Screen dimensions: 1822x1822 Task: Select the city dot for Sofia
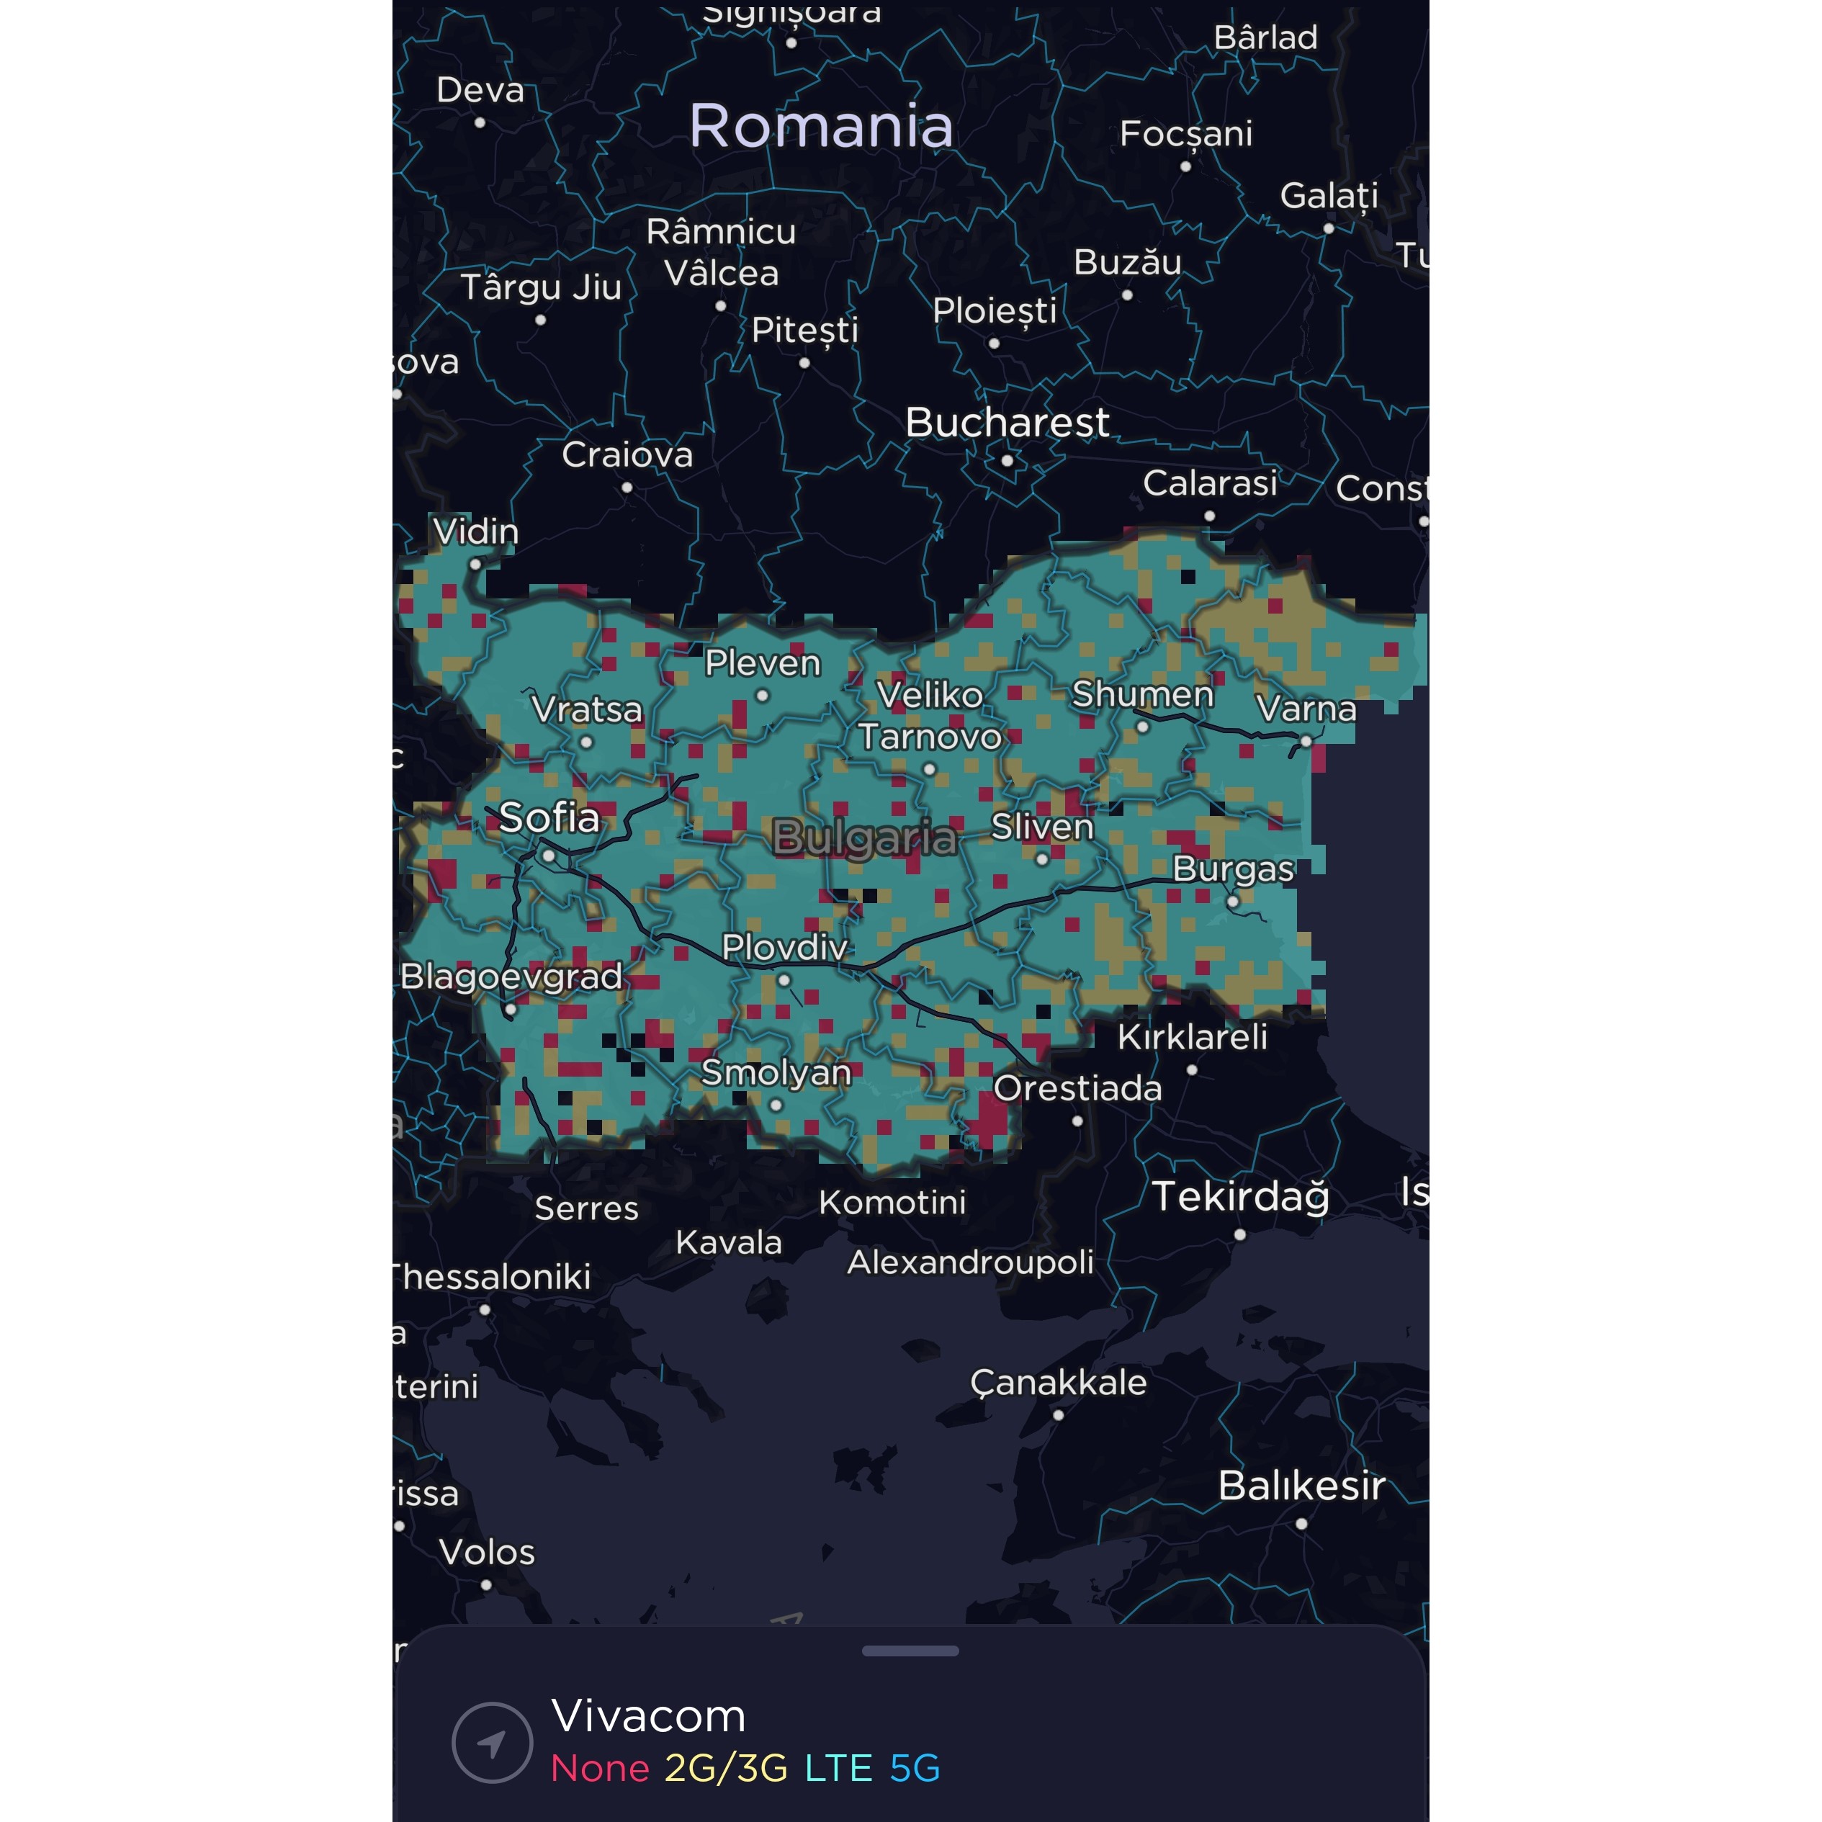click(x=549, y=856)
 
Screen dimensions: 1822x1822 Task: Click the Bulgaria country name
click(x=864, y=838)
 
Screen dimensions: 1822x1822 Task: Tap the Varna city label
click(x=1306, y=708)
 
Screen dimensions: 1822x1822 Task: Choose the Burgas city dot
click(x=1233, y=902)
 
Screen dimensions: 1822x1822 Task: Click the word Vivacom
click(x=649, y=1715)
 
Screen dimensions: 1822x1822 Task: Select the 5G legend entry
click(x=915, y=1768)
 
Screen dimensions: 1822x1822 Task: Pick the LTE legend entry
click(x=838, y=1768)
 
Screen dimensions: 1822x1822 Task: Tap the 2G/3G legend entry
click(x=726, y=1768)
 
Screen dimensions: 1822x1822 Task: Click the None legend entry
click(x=600, y=1768)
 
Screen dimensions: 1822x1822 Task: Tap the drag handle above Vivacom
click(x=910, y=1651)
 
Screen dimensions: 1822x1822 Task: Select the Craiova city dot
click(x=627, y=488)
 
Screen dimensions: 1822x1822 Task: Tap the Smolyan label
click(x=776, y=1072)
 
